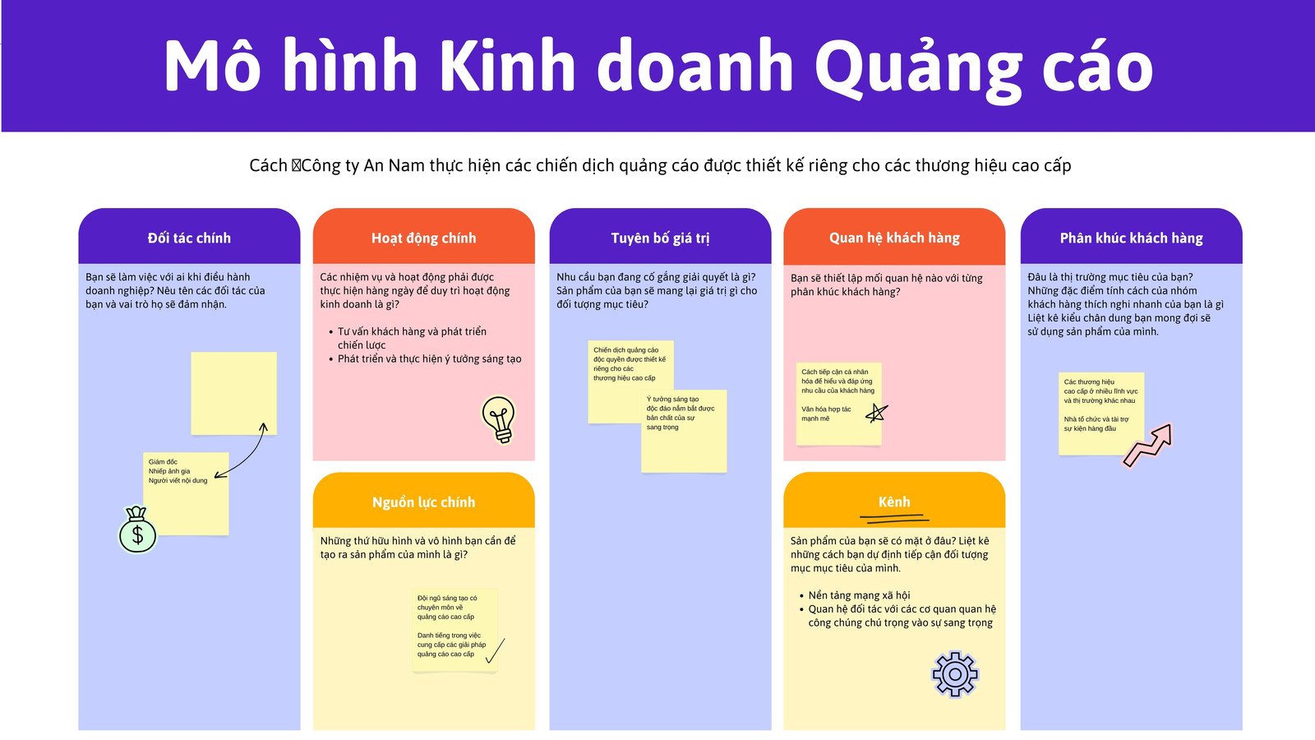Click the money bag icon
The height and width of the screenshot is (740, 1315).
[137, 530]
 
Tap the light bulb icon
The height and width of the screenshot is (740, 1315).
[499, 419]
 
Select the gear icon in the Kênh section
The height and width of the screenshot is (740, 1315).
[954, 674]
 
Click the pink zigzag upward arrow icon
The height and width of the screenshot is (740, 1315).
[1148, 445]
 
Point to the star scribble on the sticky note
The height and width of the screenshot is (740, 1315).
[876, 413]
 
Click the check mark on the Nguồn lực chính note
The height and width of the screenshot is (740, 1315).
[495, 650]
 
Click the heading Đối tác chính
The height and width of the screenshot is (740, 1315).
[189, 238]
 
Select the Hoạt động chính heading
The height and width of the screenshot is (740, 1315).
[423, 238]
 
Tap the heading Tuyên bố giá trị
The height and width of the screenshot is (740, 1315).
[660, 238]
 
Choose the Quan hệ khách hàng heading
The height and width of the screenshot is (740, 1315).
[894, 238]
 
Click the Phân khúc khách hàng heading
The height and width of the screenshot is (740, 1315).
[1131, 238]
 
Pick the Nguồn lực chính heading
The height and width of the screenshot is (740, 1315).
[423, 502]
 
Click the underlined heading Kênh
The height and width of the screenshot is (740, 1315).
[894, 502]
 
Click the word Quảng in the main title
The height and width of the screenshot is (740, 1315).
[918, 67]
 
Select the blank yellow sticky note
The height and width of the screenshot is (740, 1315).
[233, 393]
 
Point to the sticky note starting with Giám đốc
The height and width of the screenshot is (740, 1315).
[186, 493]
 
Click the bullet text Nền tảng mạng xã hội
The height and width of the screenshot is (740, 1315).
[859, 595]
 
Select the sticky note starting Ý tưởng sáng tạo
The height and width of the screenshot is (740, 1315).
[684, 432]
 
